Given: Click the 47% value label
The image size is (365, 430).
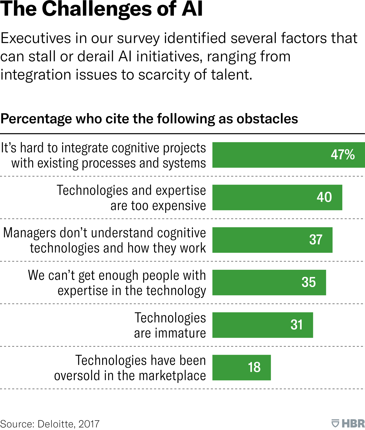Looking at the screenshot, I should pyautogui.click(x=343, y=154).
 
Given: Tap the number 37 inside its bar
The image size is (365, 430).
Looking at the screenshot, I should pyautogui.click(x=316, y=240).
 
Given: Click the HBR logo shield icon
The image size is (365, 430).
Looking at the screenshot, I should pyautogui.click(x=335, y=423).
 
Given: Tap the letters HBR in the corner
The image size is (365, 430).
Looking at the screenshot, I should pyautogui.click(x=353, y=423).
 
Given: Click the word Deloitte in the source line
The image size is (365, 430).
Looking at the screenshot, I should pyautogui.click(x=56, y=424).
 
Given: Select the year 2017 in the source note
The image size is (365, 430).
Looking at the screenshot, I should pyautogui.click(x=89, y=424).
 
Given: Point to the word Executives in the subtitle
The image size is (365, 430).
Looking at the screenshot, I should pyautogui.click(x=36, y=39).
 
